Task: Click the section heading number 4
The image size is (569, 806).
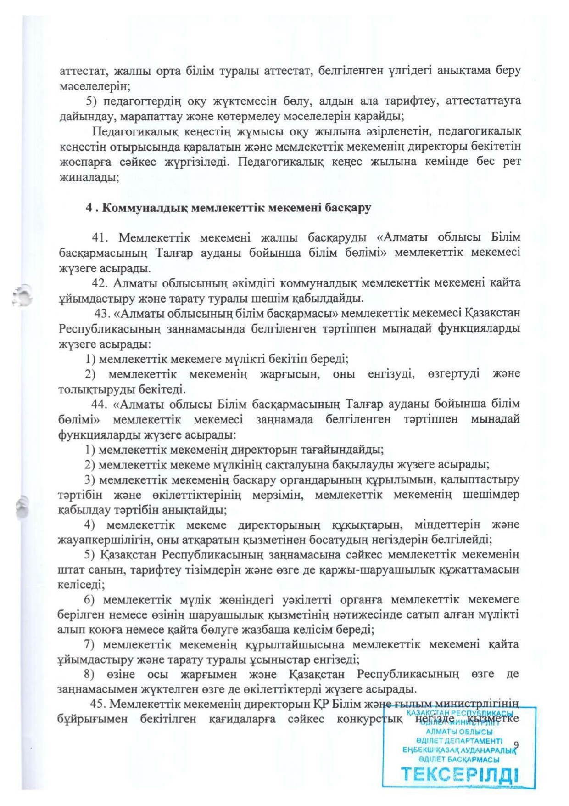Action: click(89, 208)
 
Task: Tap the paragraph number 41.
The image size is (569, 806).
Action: click(100, 237)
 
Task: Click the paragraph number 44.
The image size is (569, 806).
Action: click(99, 404)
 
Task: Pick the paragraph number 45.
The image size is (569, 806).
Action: click(98, 704)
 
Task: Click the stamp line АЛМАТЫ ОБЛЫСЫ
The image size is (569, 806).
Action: click(459, 732)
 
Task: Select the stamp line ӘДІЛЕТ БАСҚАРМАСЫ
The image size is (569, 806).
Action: click(459, 760)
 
